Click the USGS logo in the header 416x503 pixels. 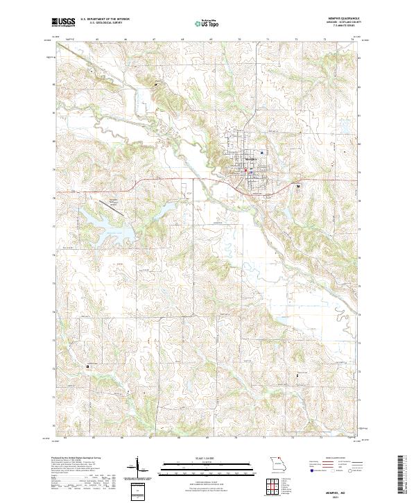pyautogui.click(x=62, y=22)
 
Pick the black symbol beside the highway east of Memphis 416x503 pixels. pyautogui.click(x=299, y=186)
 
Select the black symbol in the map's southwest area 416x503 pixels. pyautogui.click(x=88, y=366)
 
